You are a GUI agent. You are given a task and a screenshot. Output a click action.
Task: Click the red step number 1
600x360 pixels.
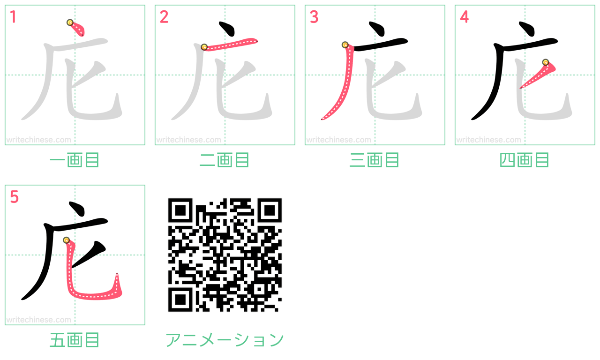point(13,17)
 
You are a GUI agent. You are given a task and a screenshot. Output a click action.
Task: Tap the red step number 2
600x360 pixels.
point(164,17)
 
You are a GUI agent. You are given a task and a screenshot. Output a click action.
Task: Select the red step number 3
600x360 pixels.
point(314,17)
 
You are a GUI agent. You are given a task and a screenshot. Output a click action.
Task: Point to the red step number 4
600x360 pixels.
point(464,17)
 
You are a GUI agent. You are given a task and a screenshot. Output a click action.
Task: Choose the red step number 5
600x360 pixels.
point(14,197)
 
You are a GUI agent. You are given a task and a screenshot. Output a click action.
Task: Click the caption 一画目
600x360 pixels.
point(75,160)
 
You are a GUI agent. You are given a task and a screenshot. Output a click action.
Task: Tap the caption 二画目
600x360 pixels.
point(225,160)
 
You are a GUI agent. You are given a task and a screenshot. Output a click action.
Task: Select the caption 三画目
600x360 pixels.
point(375,160)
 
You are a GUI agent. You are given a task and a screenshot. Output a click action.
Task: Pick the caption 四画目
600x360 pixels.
point(525,160)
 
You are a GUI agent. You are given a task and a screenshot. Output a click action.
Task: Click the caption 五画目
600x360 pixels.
point(75,340)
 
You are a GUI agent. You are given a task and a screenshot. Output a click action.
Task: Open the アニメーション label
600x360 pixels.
point(225,340)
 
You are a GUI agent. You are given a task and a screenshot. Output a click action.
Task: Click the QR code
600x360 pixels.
point(225,255)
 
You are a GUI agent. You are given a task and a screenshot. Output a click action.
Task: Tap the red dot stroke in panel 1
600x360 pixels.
point(77,29)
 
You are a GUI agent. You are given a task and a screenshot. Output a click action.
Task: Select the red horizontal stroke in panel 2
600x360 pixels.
point(230,44)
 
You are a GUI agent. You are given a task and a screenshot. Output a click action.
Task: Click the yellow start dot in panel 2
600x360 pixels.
point(204,47)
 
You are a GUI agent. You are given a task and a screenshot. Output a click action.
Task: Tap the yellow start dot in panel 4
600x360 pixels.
point(545,62)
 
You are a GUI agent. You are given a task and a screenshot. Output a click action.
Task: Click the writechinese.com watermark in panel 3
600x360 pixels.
point(338,140)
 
